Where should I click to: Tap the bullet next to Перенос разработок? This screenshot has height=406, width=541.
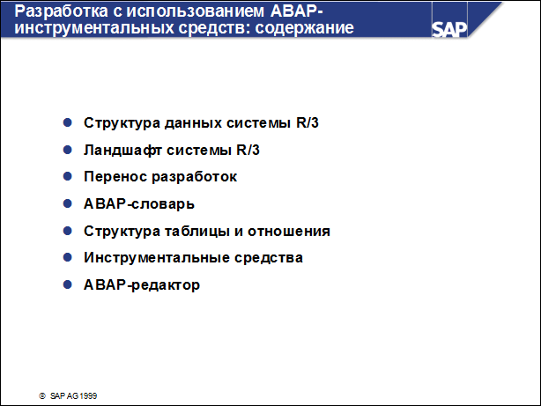pos(68,177)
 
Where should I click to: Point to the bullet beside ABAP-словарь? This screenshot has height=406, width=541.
pos(68,204)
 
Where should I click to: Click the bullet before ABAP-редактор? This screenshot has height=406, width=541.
pos(68,285)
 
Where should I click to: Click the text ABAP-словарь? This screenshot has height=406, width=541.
pos(139,204)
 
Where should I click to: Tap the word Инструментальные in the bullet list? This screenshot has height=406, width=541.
pos(145,258)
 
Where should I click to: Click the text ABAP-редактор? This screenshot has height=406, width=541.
pos(142,285)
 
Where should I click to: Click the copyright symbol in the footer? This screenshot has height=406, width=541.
pos(41,396)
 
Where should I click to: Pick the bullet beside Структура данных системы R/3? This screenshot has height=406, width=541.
pos(68,122)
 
